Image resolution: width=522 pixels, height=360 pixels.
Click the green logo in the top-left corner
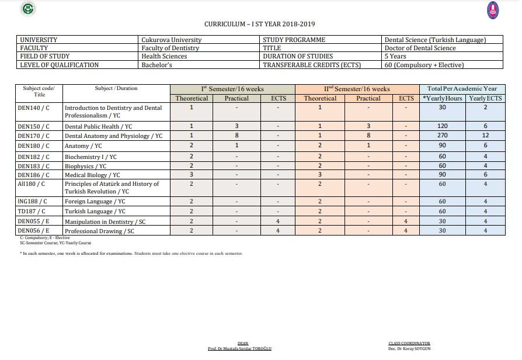pos(27,9)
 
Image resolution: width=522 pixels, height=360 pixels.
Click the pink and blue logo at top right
pos(493,9)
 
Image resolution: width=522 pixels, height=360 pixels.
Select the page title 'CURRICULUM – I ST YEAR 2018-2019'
pos(260,24)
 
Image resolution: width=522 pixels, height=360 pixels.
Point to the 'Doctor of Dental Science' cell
pos(420,48)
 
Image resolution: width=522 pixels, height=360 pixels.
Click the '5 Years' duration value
pos(395,56)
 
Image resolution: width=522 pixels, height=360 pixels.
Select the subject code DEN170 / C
pos(33,136)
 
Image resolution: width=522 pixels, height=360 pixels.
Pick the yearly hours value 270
pos(442,136)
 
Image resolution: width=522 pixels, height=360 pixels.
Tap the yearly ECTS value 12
pos(485,136)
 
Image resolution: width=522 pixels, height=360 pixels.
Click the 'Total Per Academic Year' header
pos(462,89)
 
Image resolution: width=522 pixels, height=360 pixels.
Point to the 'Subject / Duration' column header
pos(116,88)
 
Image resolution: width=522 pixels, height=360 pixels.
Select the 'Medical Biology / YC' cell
pos(92,175)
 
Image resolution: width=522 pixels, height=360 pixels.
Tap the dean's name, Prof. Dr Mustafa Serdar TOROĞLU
pos(239,349)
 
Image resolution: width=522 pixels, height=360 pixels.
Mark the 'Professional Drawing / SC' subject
pos(99,231)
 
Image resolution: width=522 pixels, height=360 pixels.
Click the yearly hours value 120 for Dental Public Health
pos(442,126)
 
